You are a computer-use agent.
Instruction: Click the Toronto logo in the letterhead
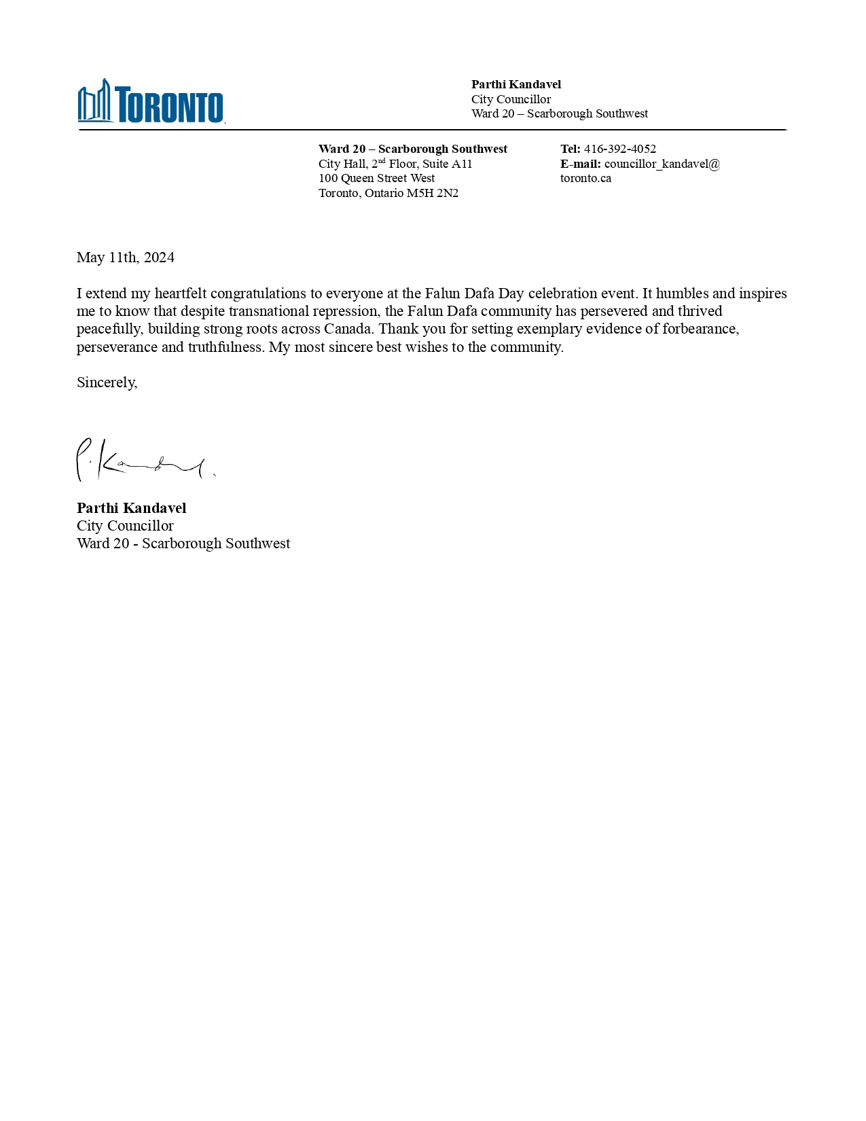coord(151,102)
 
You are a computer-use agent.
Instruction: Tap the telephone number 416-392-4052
coord(619,149)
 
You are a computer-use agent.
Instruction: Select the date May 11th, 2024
coord(126,257)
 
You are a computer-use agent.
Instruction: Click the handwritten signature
coord(143,461)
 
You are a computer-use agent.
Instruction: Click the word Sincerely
coord(106,382)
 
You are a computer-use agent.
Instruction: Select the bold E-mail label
coord(580,164)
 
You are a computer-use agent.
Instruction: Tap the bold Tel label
coord(570,149)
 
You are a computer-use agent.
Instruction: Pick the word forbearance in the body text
coord(700,329)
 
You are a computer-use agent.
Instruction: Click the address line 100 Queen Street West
coord(376,178)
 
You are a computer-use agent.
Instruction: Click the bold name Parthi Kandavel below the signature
coord(131,508)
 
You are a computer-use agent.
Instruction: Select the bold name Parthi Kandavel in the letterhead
coord(516,84)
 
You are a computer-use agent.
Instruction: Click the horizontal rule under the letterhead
coord(432,129)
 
